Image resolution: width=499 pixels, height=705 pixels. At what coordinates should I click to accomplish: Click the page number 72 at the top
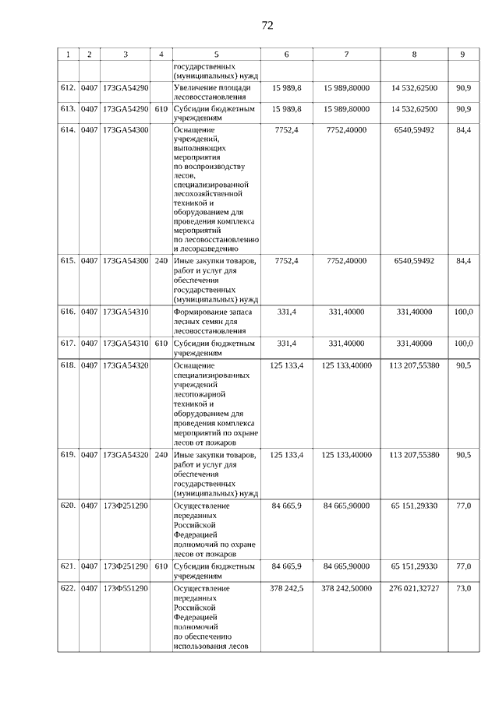[267, 25]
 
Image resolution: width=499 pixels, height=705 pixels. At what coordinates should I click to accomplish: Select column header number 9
[463, 55]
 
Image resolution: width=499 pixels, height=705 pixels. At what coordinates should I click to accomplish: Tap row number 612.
[68, 88]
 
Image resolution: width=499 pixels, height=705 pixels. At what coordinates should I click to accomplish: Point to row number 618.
[68, 365]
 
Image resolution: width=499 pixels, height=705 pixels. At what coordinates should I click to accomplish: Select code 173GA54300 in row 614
[126, 129]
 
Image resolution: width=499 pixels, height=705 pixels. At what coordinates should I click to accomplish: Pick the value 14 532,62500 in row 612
[414, 88]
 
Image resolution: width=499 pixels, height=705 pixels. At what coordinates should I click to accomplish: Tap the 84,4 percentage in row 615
[463, 261]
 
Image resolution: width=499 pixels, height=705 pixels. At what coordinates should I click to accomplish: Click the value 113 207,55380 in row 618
[414, 365]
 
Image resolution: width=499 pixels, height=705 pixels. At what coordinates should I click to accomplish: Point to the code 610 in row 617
[161, 343]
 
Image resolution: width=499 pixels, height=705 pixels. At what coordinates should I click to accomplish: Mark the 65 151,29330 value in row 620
[414, 506]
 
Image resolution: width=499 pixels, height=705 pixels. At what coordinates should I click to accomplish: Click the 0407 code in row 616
[90, 312]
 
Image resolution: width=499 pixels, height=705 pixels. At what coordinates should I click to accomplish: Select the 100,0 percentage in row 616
[463, 312]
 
